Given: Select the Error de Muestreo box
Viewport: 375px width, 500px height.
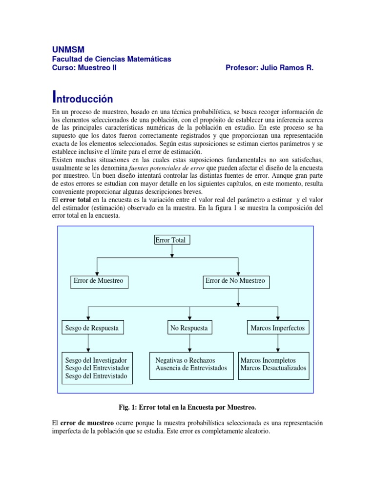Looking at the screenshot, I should [99, 281].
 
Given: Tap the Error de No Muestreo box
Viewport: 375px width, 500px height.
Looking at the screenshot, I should [235, 281].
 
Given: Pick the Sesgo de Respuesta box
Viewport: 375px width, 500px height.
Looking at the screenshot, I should [92, 328].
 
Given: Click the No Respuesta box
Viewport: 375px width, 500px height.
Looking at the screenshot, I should [189, 328].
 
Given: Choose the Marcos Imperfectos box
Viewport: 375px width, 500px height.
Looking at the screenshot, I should [277, 328].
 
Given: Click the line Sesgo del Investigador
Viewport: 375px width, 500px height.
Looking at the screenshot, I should [96, 360].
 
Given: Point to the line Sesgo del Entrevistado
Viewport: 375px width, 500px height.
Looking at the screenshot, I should [96, 376].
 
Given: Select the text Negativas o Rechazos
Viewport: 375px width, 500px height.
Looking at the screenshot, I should [185, 360].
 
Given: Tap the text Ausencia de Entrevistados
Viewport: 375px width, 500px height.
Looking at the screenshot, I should [191, 368].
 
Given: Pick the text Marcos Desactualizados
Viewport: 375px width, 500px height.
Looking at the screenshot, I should [273, 368].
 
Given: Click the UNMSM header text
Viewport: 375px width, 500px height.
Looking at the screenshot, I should [68, 49].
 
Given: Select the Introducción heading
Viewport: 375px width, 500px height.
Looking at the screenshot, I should [83, 98].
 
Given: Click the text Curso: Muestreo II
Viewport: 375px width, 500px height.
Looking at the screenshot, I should [84, 68].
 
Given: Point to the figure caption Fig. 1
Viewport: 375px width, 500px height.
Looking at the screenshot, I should [187, 407].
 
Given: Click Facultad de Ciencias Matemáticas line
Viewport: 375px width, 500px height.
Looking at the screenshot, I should [112, 59].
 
